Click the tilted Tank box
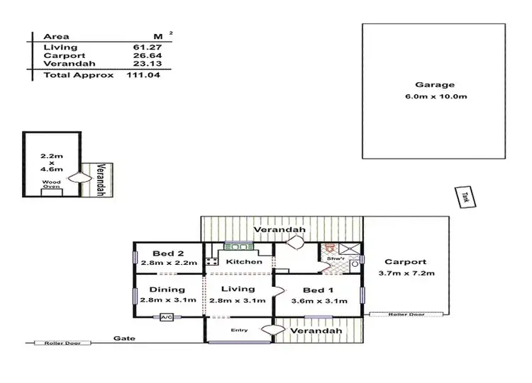(x=465, y=197)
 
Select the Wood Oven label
(x=51, y=184)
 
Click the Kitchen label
(x=243, y=262)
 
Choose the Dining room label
(x=167, y=290)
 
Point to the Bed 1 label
(x=318, y=290)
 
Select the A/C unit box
(x=168, y=317)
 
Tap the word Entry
(x=238, y=331)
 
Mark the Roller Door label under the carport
(x=406, y=314)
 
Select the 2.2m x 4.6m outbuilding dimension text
(x=51, y=161)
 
